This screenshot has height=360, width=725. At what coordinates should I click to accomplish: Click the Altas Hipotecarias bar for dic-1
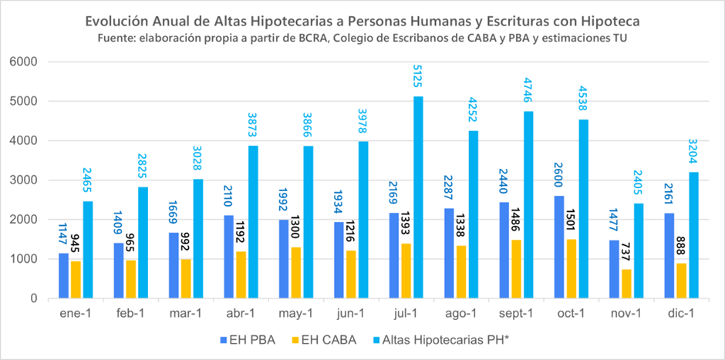coord(693,235)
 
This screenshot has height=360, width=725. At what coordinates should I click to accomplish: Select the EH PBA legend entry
coord(245,337)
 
